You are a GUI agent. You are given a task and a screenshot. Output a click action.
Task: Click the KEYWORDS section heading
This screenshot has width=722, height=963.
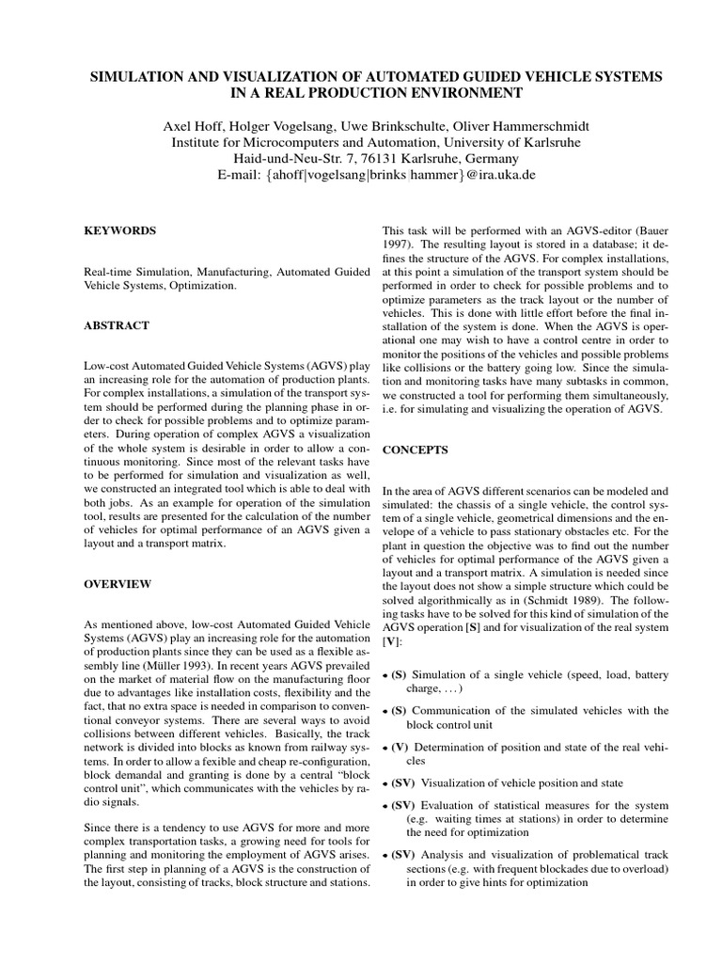[120, 230]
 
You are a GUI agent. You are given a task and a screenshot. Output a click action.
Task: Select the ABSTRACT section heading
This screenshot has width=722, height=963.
[118, 324]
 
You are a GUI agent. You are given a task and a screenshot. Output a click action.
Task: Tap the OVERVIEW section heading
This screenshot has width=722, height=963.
[118, 584]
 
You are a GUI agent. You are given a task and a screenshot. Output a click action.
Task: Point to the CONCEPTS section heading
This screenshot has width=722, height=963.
[415, 450]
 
